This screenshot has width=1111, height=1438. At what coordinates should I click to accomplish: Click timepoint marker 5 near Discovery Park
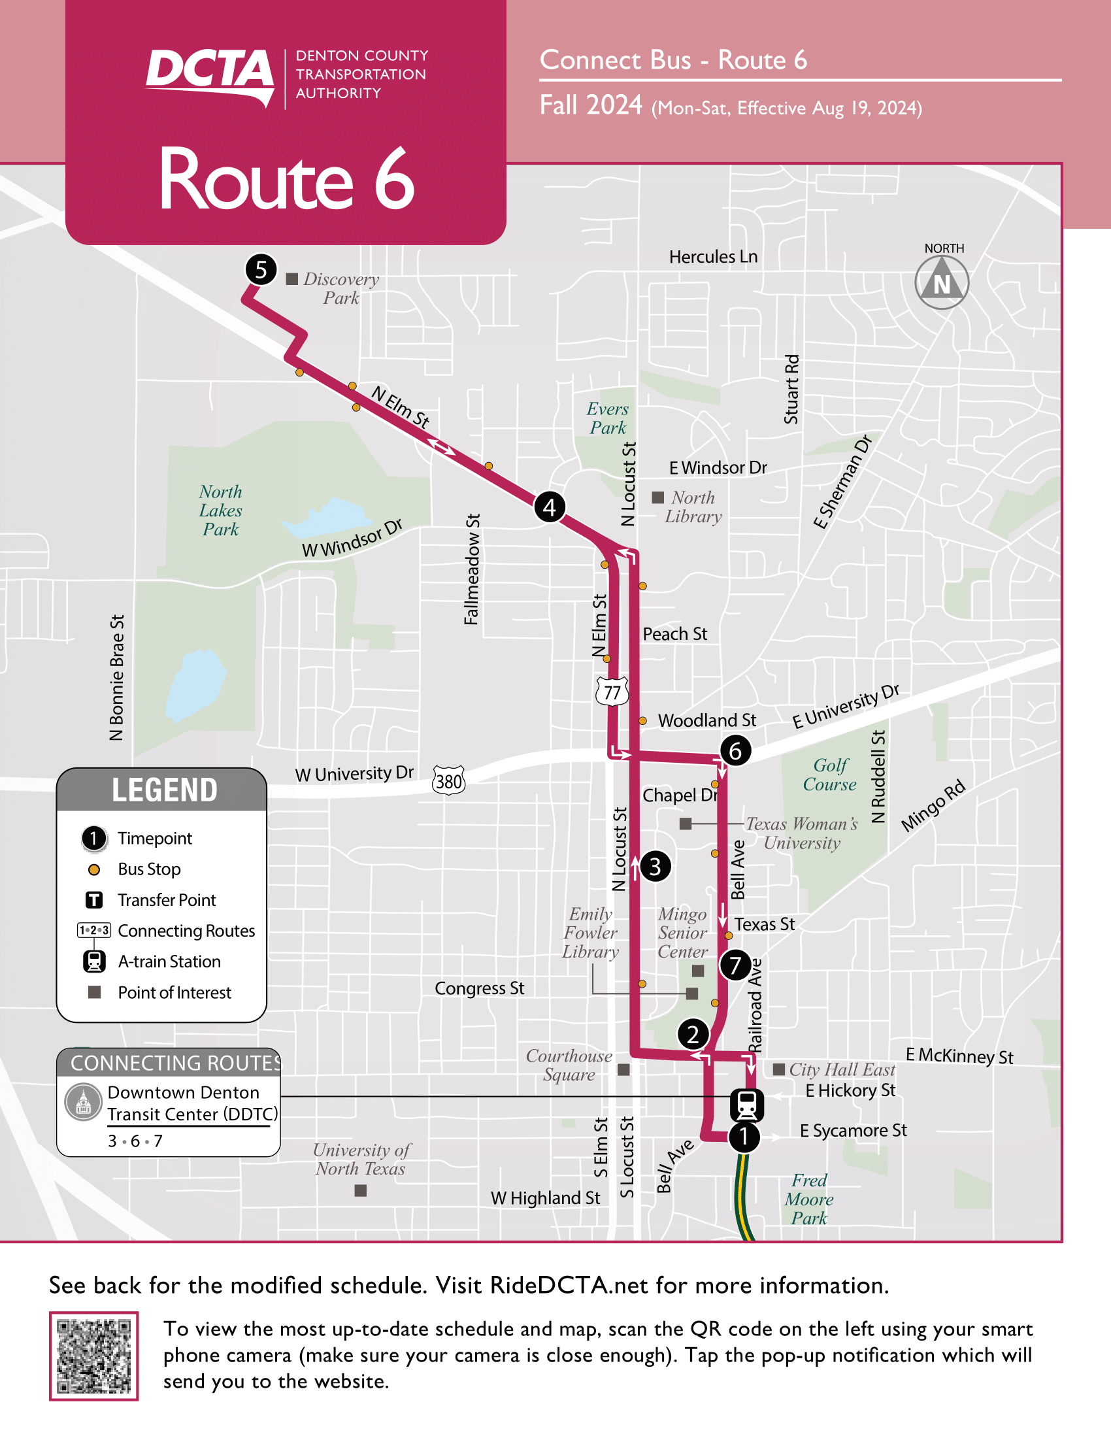[261, 269]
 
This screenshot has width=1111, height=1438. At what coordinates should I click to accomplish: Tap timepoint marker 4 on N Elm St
[549, 507]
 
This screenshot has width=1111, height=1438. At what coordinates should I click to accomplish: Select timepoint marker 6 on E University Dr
[735, 750]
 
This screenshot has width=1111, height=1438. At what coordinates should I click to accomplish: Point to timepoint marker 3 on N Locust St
[655, 867]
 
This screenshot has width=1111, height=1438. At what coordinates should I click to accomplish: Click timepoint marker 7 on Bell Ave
[735, 965]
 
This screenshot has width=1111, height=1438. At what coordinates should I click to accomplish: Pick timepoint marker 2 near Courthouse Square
[692, 1035]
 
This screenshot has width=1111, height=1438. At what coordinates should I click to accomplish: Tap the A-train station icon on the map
[746, 1105]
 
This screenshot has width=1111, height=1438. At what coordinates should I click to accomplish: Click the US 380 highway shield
[449, 781]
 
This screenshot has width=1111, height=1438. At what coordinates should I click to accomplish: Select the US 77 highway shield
[612, 692]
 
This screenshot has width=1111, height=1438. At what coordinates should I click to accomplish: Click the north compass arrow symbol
[942, 282]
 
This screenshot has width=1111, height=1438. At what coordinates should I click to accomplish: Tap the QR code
[93, 1356]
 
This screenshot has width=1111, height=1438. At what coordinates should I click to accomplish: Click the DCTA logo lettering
[209, 71]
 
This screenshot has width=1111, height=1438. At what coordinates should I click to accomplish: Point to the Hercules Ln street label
[713, 256]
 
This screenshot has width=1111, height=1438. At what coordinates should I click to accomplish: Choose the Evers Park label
[608, 418]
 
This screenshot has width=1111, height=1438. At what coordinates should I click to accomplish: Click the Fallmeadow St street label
[472, 569]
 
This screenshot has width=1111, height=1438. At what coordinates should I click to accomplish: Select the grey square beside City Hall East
[778, 1069]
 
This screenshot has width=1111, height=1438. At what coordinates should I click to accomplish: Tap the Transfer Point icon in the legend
[94, 899]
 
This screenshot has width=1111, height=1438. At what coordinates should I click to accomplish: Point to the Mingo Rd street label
[933, 805]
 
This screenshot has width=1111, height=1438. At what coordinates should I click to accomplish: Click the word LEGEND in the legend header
[164, 790]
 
